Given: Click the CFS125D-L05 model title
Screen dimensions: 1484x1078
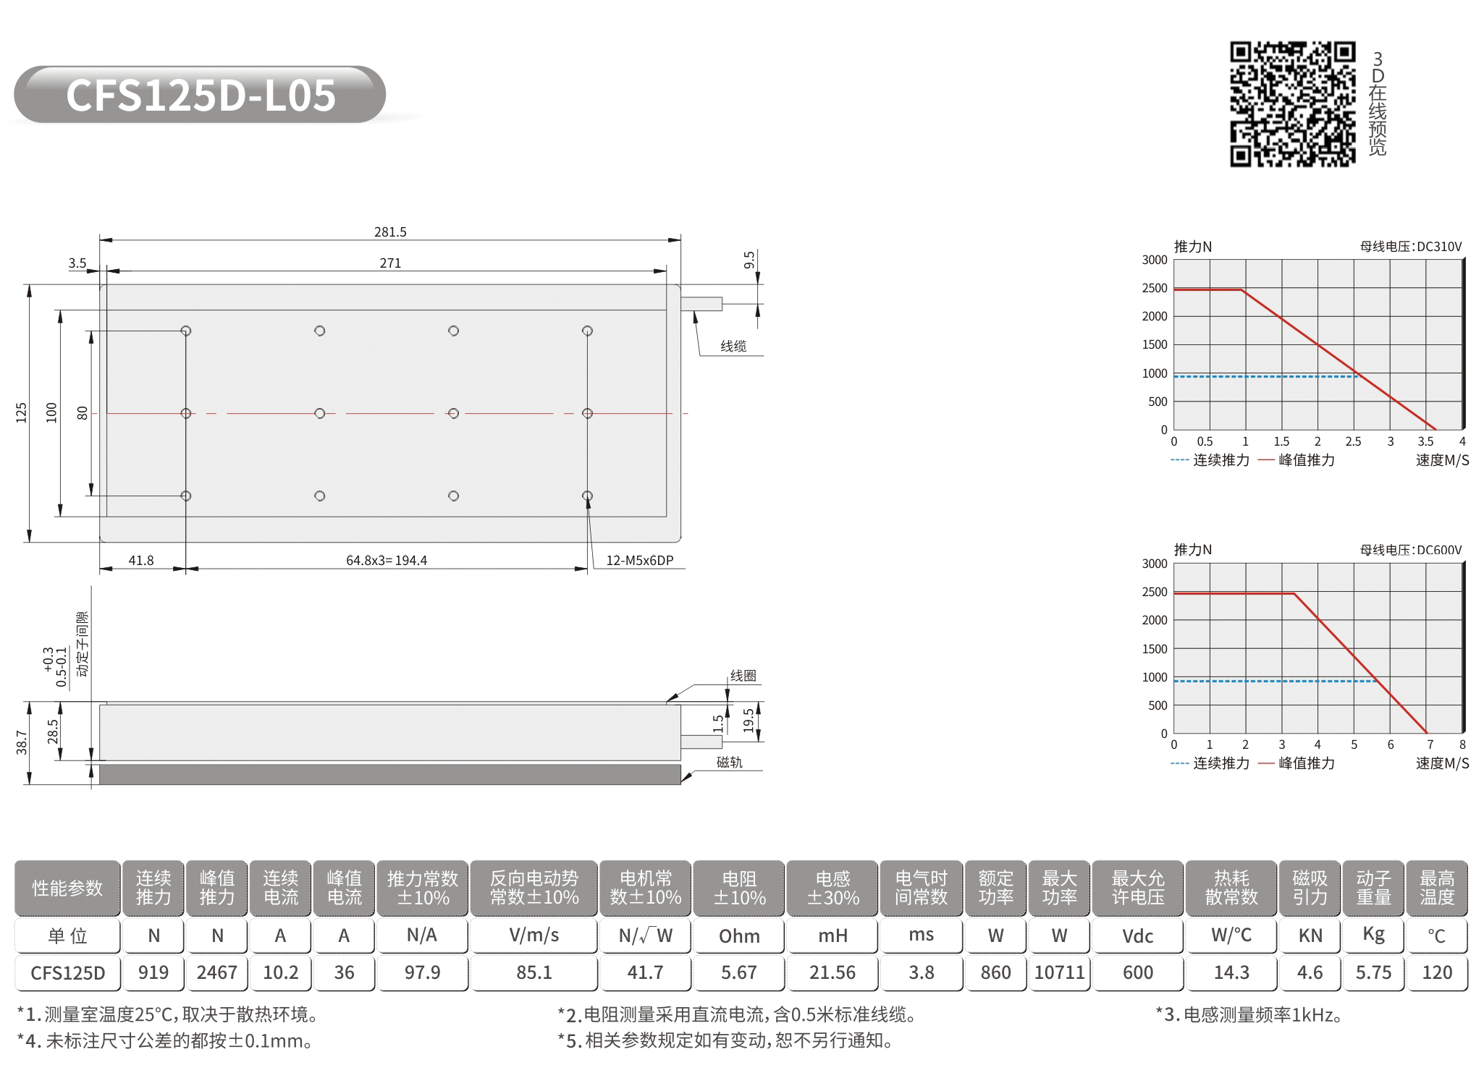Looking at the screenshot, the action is pyautogui.click(x=201, y=95).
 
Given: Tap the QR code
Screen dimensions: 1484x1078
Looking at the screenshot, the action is pyautogui.click(x=1292, y=104).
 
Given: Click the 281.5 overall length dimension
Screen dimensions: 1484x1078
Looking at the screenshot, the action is pyautogui.click(x=390, y=232).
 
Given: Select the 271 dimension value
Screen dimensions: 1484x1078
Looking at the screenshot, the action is pyautogui.click(x=390, y=263).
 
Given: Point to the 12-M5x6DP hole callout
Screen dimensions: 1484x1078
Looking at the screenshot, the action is pyautogui.click(x=640, y=561).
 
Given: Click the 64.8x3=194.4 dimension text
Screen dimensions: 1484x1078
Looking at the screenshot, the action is pyautogui.click(x=387, y=561).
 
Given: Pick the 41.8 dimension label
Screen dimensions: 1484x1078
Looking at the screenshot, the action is pyautogui.click(x=141, y=561).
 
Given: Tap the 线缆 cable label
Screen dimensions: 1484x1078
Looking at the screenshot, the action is pyautogui.click(x=733, y=347).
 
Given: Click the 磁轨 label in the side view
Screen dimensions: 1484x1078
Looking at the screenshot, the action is pyautogui.click(x=730, y=762).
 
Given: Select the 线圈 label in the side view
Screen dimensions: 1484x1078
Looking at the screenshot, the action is pyautogui.click(x=743, y=676).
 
